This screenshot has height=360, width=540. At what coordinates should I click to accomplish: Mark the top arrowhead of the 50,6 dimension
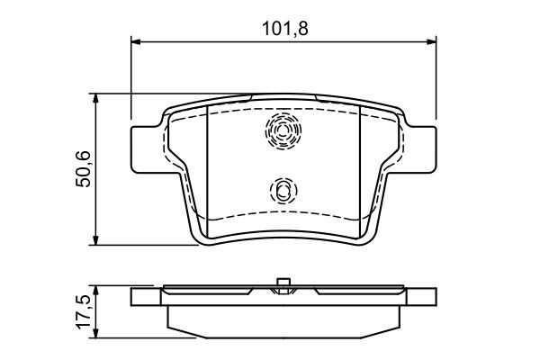pos(96,98)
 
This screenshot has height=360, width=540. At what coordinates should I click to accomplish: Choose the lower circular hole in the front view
pos(283,190)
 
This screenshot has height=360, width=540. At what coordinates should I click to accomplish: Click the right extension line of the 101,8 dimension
pos(436,81)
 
